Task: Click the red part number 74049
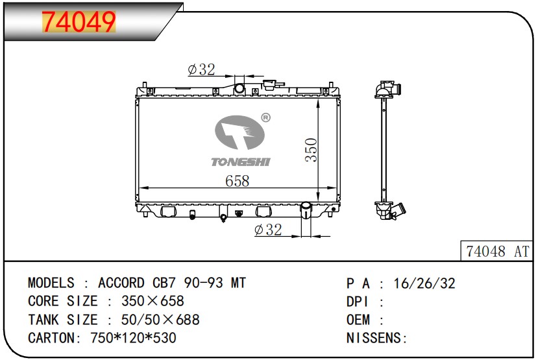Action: pos(79,22)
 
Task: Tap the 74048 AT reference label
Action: pos(498,251)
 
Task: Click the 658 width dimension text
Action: pos(237,181)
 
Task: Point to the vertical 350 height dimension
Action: pos(312,149)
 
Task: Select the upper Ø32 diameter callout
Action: pos(201,69)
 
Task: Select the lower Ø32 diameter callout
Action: pos(268,230)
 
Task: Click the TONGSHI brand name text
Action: pos(241,162)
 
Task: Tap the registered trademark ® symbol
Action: pos(265,117)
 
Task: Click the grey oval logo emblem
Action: pos(239,132)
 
